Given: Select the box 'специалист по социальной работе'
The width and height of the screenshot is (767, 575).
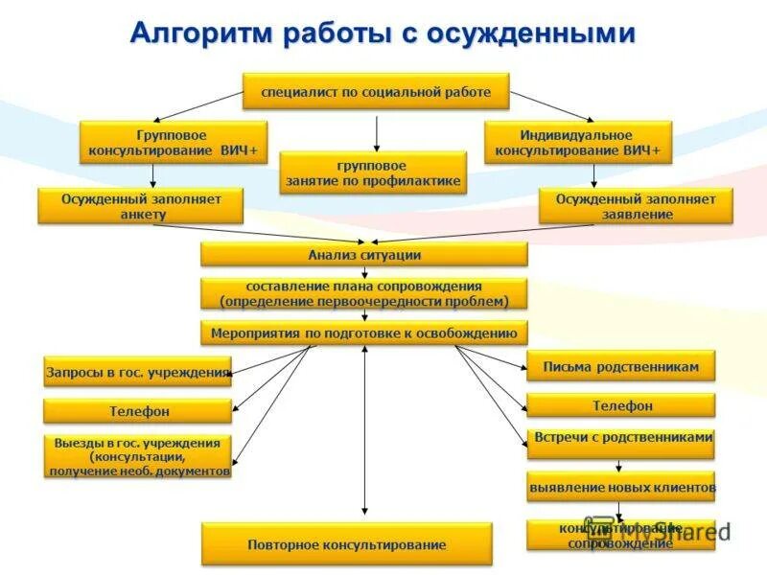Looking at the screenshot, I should (376, 92).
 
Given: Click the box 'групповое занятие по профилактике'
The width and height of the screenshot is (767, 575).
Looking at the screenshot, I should (373, 172).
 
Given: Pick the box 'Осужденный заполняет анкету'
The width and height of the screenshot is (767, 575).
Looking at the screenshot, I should (141, 206).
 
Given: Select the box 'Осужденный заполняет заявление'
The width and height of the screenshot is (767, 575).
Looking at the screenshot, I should (635, 206).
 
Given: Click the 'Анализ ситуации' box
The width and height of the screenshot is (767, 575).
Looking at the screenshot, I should (364, 255).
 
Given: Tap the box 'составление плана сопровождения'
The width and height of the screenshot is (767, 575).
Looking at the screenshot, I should (364, 293).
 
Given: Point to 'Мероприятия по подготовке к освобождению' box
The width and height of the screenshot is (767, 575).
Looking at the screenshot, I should (364, 333).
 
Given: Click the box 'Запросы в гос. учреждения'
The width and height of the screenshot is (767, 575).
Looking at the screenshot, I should (138, 371).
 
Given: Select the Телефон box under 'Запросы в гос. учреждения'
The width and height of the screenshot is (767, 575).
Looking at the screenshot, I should (138, 411).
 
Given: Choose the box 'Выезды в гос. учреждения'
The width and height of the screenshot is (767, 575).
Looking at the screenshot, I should (138, 457).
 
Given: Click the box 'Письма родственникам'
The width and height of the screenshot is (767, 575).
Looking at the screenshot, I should (620, 366).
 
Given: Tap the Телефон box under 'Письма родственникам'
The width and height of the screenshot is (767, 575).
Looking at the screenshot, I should (621, 405).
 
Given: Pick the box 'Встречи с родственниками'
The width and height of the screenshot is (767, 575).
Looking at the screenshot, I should (621, 442).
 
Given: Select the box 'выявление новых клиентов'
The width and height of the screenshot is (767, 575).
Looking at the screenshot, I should (621, 487).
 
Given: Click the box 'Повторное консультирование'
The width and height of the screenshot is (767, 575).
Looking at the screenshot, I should (346, 543).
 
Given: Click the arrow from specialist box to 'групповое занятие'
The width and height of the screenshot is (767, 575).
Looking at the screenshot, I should (377, 132).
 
